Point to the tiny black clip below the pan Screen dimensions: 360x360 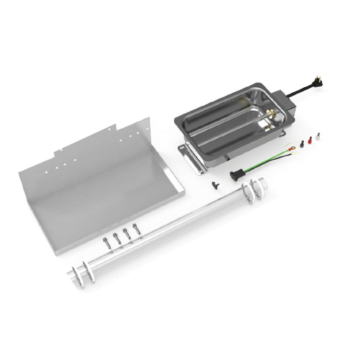pos(213,184)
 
